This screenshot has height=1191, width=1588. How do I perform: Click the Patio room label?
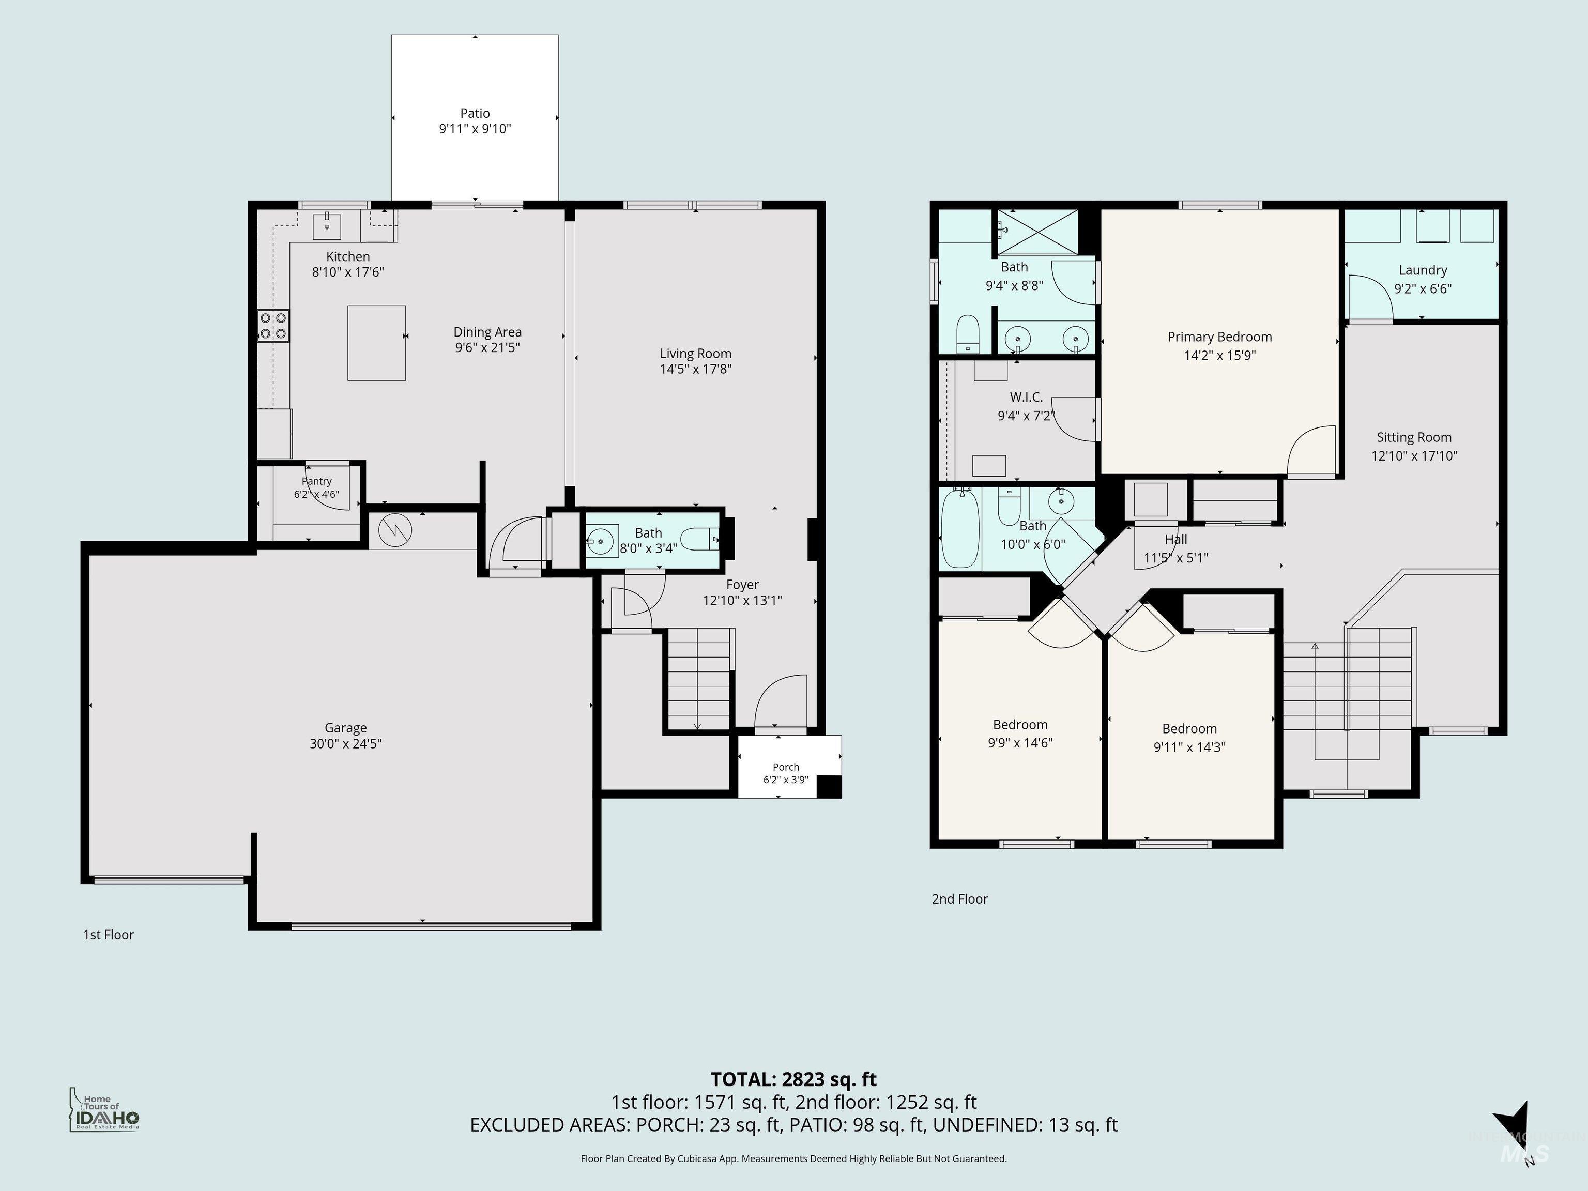(x=475, y=113)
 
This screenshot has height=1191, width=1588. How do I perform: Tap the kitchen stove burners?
(x=273, y=325)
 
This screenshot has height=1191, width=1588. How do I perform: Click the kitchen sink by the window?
(x=327, y=225)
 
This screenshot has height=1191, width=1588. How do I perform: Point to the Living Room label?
(x=696, y=353)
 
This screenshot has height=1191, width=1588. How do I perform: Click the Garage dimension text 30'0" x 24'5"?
(x=345, y=744)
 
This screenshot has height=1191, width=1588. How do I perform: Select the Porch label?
(x=786, y=767)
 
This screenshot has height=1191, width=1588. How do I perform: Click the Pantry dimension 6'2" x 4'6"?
(x=316, y=495)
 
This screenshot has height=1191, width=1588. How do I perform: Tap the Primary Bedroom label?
(x=1220, y=337)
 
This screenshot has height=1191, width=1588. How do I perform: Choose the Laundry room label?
(x=1423, y=271)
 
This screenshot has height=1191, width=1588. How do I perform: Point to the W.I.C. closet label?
(x=1026, y=398)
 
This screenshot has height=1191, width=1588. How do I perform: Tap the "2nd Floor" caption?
(x=960, y=899)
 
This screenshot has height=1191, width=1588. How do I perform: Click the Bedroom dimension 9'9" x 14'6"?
(x=1020, y=743)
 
